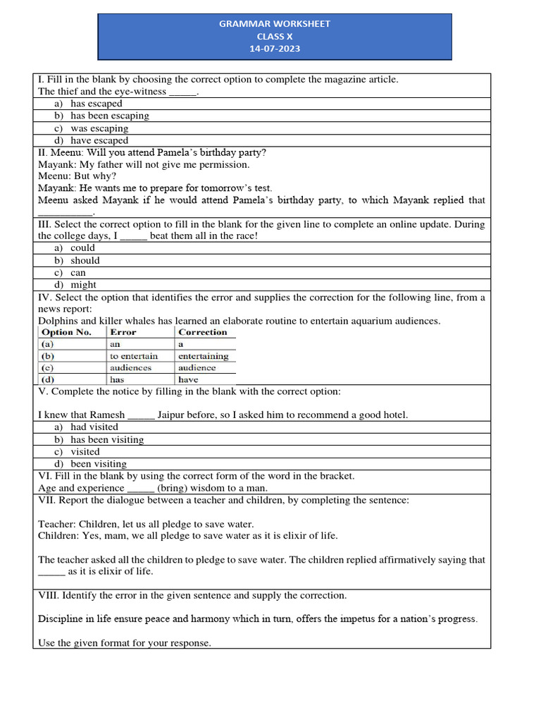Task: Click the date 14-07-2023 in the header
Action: [x=275, y=49]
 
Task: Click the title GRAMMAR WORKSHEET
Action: [x=275, y=24]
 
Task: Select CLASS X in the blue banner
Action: [x=275, y=37]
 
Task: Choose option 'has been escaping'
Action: [x=109, y=116]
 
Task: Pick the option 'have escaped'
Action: [x=99, y=140]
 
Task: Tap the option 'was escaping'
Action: [x=99, y=128]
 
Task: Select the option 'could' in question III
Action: [x=82, y=248]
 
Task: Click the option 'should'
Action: [x=85, y=260]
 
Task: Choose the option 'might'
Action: [x=84, y=285]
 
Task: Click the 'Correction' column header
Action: [x=203, y=332]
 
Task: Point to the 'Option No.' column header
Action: [x=67, y=332]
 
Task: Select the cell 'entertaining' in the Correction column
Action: [x=204, y=356]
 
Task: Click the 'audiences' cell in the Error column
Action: [x=130, y=368]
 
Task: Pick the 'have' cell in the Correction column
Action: [x=189, y=379]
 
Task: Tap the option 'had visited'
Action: [x=94, y=427]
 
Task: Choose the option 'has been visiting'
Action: [x=106, y=439]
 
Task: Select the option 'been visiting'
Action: [x=99, y=464]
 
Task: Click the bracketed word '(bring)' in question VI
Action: [x=172, y=488]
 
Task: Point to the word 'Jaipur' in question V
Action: [x=172, y=415]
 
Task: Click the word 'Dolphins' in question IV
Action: [x=56, y=321]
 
